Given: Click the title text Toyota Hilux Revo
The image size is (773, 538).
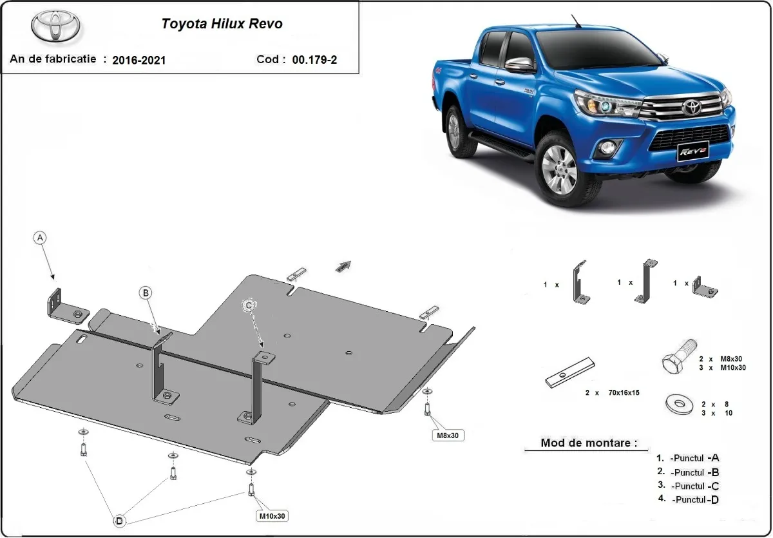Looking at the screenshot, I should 222,24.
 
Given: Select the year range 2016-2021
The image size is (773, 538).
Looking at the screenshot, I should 138,60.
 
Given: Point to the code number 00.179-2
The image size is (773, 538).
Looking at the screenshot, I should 314,59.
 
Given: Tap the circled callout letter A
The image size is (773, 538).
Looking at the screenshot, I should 41,238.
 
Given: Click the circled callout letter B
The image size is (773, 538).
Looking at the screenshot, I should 146,293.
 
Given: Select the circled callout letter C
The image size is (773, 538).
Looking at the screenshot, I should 248,304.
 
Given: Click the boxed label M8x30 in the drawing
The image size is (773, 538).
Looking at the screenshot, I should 449,436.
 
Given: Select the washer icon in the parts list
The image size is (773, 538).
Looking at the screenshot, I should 678,405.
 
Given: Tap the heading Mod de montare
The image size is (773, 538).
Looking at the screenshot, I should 589,443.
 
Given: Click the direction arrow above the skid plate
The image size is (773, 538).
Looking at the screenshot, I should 345,265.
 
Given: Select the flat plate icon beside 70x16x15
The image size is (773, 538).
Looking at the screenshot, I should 570,373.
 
